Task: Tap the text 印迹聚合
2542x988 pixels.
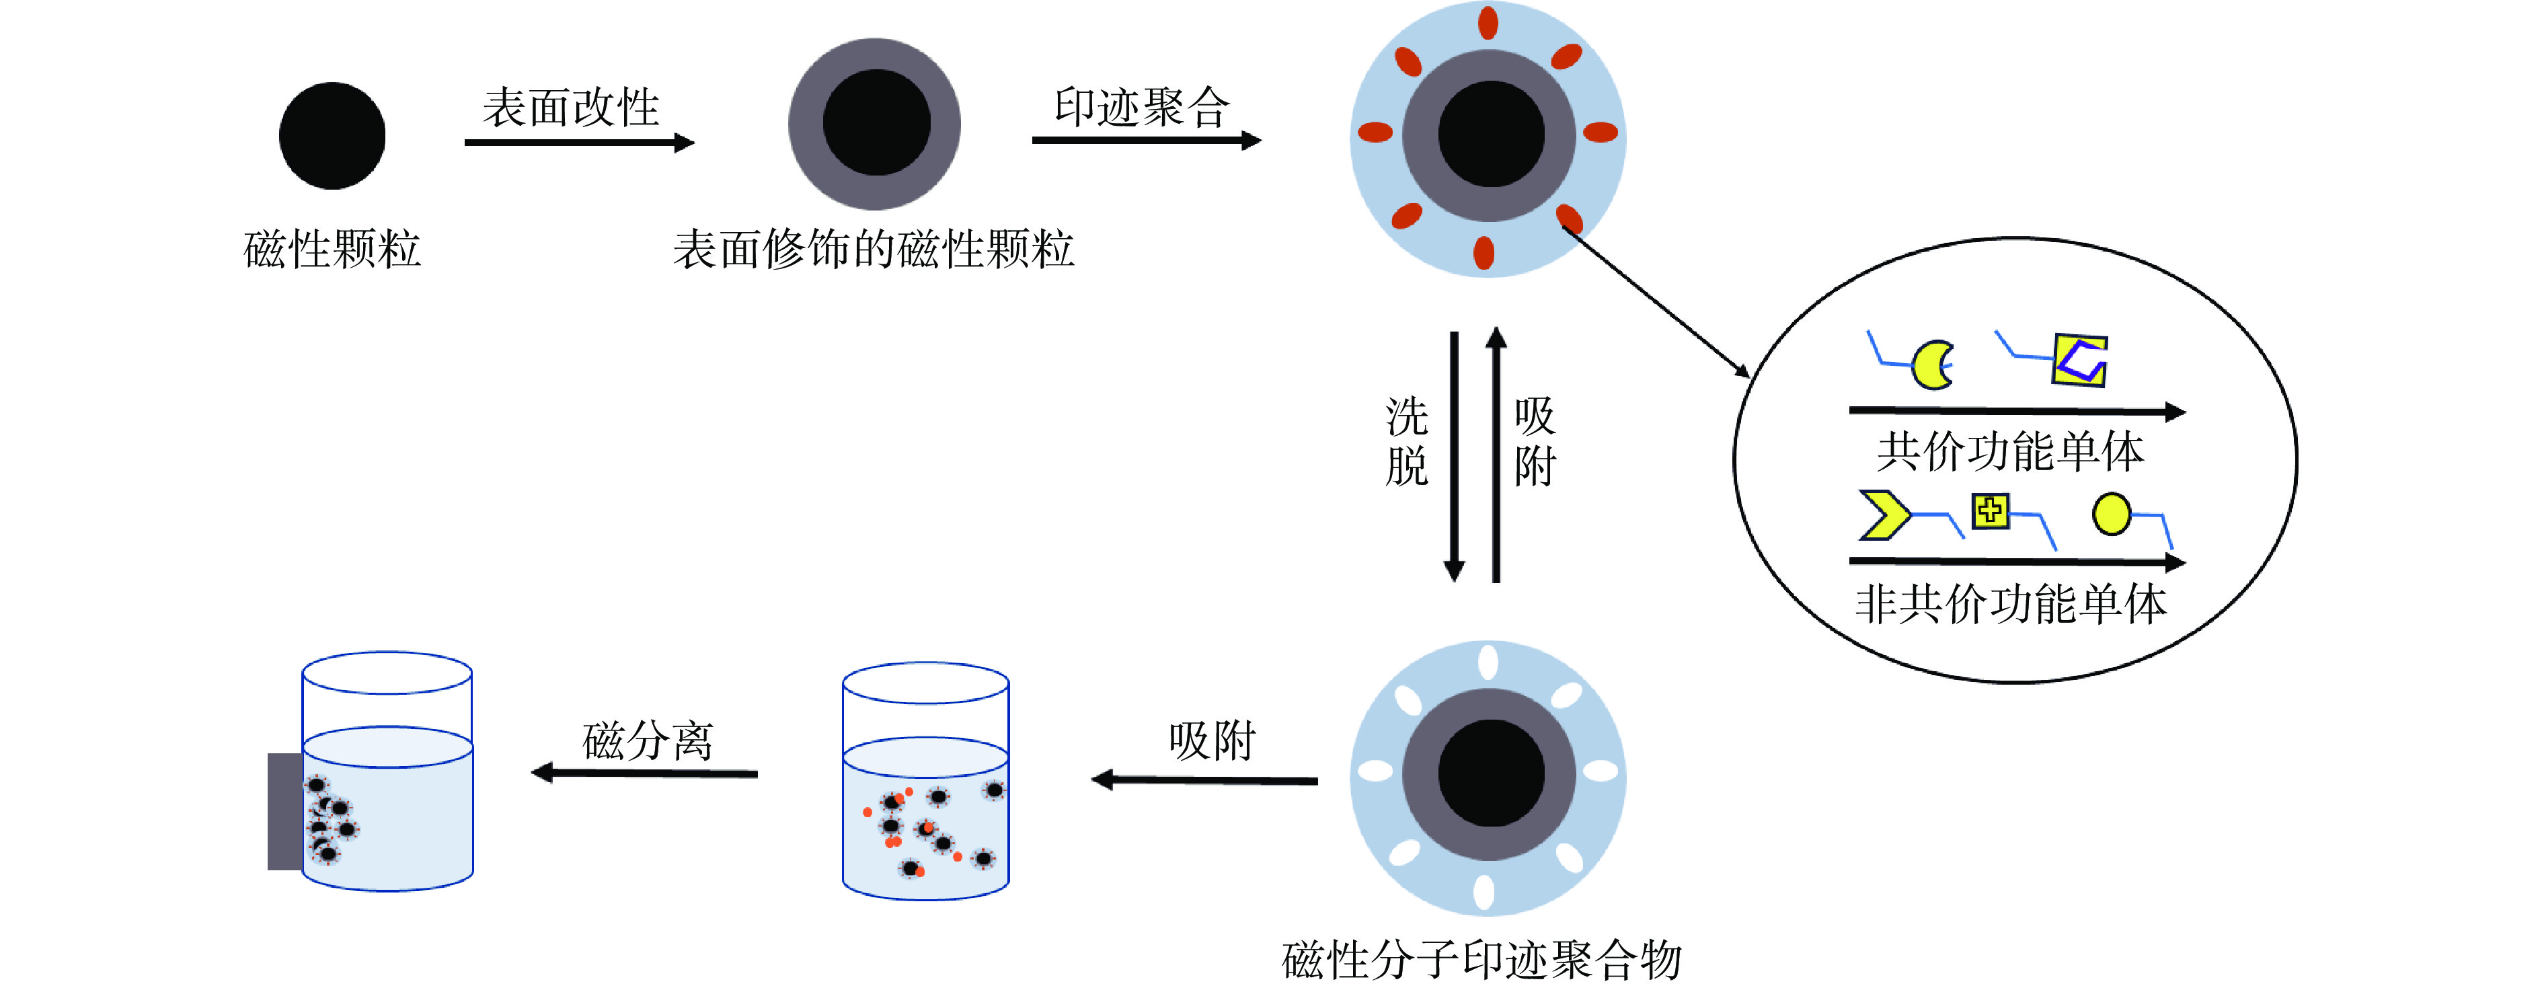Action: click(x=1142, y=106)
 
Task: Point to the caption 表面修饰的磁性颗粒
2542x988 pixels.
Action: click(x=874, y=249)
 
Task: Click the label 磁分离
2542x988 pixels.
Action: click(x=648, y=740)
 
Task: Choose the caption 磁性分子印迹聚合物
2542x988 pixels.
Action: click(x=1481, y=959)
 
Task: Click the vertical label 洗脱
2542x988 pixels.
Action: click(x=1406, y=442)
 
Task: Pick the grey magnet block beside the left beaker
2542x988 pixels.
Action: click(x=284, y=811)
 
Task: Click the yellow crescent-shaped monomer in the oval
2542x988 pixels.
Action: click(x=1931, y=365)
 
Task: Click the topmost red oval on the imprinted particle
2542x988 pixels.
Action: click(x=1488, y=23)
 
